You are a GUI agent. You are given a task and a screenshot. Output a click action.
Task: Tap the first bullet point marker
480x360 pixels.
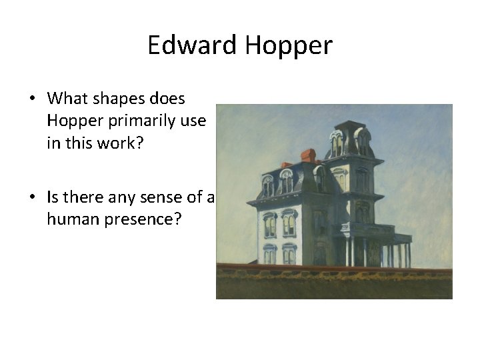click(32, 99)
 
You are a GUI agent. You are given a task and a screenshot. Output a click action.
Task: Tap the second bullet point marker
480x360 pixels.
click(32, 197)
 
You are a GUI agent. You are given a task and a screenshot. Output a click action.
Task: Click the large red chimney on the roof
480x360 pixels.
click(308, 156)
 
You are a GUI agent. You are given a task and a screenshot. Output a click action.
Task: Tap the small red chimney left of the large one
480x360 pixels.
click(286, 165)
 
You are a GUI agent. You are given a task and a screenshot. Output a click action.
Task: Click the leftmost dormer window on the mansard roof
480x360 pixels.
click(267, 185)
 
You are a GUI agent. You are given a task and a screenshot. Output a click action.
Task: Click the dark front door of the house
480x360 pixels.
click(323, 251)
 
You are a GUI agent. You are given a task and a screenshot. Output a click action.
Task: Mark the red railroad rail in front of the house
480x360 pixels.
click(333, 269)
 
